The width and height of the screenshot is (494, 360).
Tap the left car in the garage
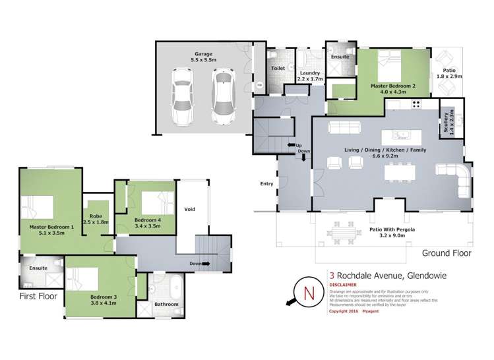181,96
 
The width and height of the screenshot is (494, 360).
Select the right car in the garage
224,96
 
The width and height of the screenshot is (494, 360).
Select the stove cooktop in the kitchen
416,104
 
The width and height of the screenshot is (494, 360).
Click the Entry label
266,184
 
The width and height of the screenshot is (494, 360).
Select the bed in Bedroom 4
152,201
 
